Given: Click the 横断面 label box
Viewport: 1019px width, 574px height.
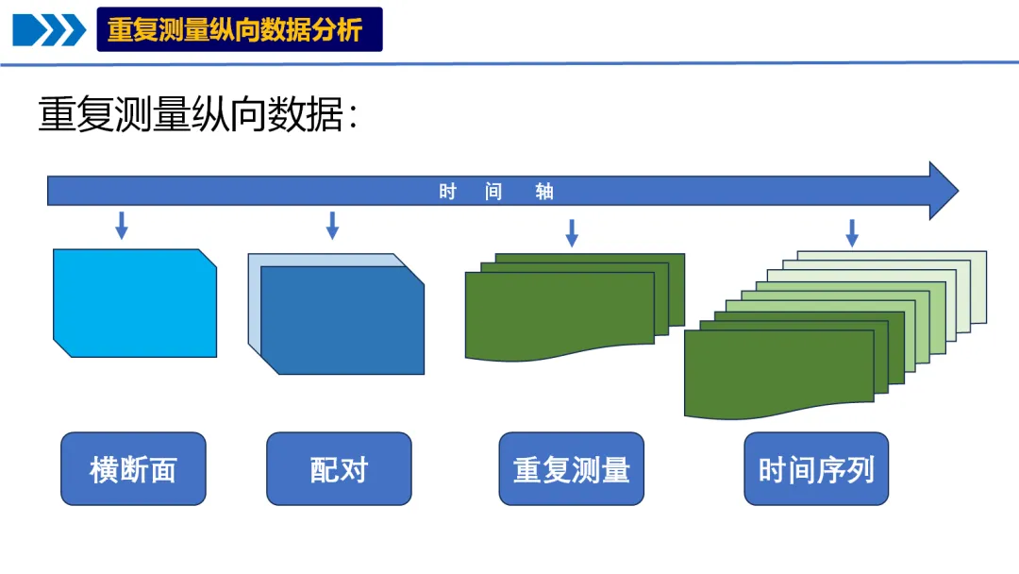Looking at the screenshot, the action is [x=133, y=469].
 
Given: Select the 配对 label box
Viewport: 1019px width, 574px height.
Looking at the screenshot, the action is [x=339, y=469].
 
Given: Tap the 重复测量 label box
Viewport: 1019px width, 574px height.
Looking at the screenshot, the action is [x=571, y=469].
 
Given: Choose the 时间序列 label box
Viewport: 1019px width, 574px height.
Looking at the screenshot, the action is [x=816, y=469].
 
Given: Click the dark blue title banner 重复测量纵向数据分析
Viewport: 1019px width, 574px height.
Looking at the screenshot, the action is [x=240, y=29].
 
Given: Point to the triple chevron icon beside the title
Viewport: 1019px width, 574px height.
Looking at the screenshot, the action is [x=49, y=29].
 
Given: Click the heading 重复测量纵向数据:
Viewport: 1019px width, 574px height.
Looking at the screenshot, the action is [x=198, y=115].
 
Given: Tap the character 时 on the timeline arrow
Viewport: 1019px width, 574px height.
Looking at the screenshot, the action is [x=447, y=192].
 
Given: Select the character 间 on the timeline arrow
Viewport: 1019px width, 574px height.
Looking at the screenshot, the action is [x=493, y=192].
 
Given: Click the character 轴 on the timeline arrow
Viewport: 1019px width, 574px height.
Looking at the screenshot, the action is [x=544, y=192].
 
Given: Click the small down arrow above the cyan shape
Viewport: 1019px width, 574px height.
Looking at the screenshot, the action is [x=121, y=225].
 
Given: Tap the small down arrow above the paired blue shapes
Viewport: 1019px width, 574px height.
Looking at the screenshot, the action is [x=332, y=225].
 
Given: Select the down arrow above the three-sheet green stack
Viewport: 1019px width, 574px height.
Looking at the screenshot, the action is [x=572, y=232].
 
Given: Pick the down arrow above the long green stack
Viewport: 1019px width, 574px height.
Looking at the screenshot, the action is [x=852, y=232].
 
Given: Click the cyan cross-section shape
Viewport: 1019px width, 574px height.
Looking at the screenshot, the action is [x=135, y=303].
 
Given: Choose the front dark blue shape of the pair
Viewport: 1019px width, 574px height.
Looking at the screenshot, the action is [x=342, y=321].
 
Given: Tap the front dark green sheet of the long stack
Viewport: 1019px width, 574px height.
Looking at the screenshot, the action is [x=765, y=373].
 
